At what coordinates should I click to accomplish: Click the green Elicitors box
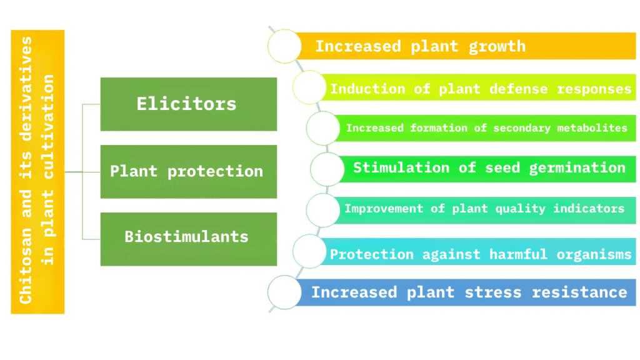click(189, 104)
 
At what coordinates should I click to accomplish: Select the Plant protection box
click(189, 171)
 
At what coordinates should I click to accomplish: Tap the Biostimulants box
click(189, 239)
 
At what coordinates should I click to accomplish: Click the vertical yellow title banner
click(37, 172)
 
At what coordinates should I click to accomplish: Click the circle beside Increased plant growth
click(284, 46)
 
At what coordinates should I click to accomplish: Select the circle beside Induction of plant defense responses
click(309, 87)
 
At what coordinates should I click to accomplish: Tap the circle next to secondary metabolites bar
click(323, 129)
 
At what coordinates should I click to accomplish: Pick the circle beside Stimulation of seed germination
click(327, 169)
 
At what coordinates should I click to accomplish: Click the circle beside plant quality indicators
click(323, 210)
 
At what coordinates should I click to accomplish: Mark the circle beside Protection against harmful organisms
click(309, 251)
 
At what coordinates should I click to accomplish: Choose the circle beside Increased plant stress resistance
click(284, 292)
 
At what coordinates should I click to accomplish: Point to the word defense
click(518, 89)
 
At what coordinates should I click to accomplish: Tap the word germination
click(577, 168)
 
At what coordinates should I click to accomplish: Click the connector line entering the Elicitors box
click(91, 104)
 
